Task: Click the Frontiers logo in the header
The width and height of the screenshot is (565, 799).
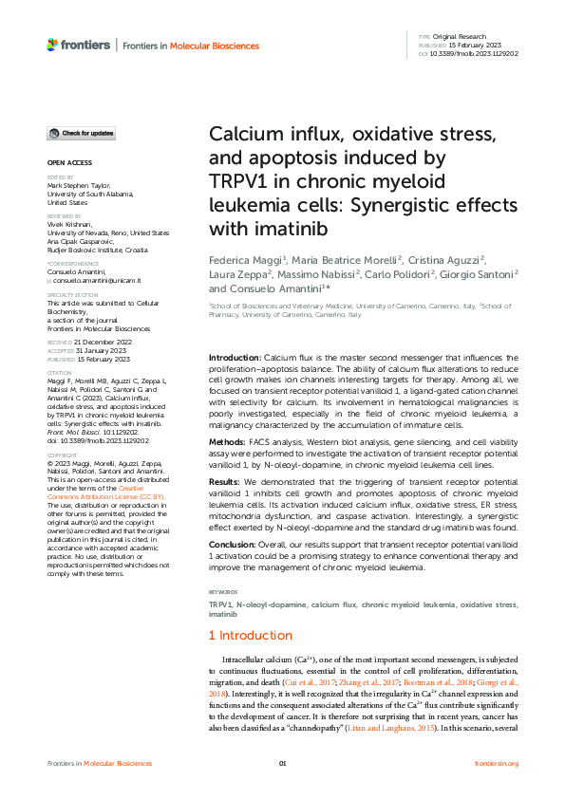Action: coord(78,45)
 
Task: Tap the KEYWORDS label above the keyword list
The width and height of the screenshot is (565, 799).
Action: coord(224,593)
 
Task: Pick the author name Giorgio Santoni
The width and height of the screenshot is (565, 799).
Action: coord(482,273)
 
